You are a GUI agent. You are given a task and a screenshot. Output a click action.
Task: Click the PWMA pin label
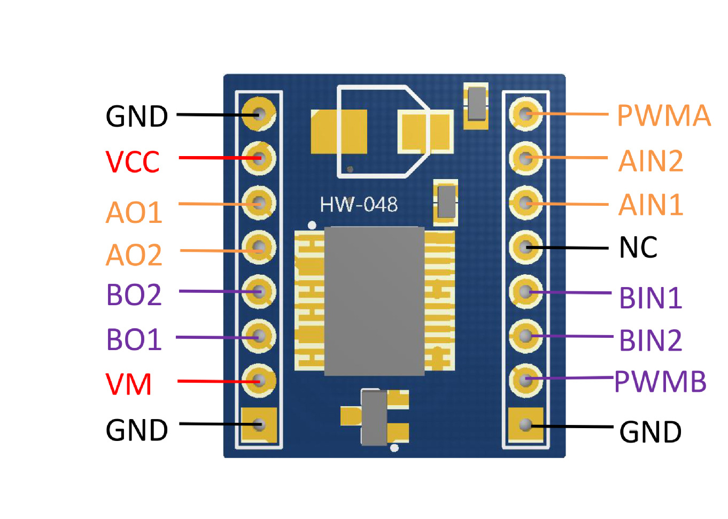click(x=664, y=115)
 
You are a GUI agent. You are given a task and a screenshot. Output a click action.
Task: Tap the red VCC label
click(x=133, y=161)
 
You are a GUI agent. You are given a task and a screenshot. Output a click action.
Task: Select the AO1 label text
click(x=134, y=213)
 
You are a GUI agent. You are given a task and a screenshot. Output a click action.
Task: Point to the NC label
click(x=638, y=247)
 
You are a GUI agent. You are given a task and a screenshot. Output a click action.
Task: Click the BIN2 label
click(x=650, y=340)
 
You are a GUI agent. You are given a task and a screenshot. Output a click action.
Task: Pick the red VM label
click(x=129, y=384)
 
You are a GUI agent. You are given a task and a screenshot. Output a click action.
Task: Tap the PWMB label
click(x=661, y=382)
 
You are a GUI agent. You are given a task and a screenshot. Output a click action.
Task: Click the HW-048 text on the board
click(x=359, y=204)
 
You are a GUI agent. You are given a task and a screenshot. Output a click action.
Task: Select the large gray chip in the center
click(x=374, y=301)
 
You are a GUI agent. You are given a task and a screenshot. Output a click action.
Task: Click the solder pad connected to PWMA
click(x=525, y=114)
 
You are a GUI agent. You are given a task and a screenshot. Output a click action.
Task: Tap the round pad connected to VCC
click(x=259, y=158)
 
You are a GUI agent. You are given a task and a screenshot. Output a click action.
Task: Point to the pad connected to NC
click(x=525, y=247)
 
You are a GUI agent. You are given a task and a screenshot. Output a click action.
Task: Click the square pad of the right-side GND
click(x=525, y=425)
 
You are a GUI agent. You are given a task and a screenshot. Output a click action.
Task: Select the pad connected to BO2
click(x=259, y=291)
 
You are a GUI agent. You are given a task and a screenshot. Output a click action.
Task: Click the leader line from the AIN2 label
click(x=567, y=158)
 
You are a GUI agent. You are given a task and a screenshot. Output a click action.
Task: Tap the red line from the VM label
click(x=219, y=381)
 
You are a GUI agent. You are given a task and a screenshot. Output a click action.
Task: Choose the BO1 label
click(x=134, y=339)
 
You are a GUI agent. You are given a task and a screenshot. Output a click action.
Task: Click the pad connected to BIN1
click(x=525, y=291)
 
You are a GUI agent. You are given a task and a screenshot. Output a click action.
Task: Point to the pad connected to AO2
click(x=259, y=247)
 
